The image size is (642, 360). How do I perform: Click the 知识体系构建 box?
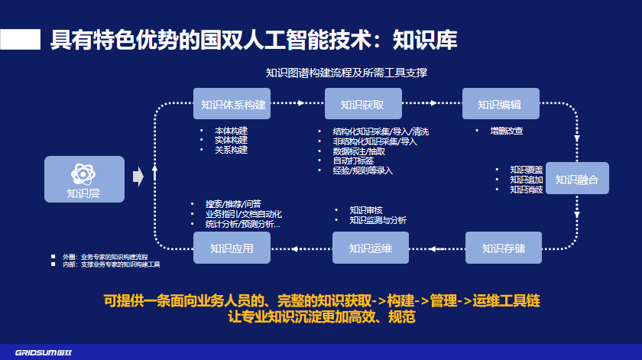[x=233, y=104]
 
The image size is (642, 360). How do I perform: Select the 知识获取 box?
[x=362, y=104]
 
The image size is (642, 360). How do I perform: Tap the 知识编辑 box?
[x=500, y=104]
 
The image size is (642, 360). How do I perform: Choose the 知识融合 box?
[x=577, y=179]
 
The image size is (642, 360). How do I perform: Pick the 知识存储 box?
[x=503, y=248]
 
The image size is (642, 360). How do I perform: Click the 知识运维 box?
[x=371, y=248]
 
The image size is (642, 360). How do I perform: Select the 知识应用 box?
[x=232, y=248]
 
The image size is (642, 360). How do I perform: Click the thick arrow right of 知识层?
[x=138, y=177]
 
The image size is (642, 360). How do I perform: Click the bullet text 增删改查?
[x=507, y=131]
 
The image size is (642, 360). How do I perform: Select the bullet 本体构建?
[x=231, y=131]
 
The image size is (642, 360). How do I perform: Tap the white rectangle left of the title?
[x=20, y=40]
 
